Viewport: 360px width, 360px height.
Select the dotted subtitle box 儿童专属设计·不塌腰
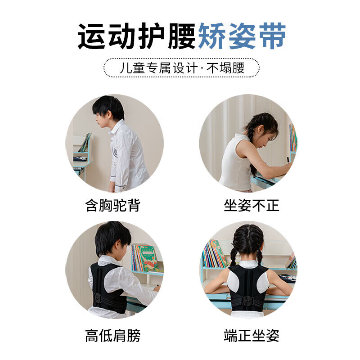pos(181,68)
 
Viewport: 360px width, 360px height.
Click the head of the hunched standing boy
pos(108,109)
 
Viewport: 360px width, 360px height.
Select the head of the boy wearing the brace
pos(112,238)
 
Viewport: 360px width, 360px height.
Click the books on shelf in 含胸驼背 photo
pos(84,143)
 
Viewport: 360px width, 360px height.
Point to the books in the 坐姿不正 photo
pos(292,137)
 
